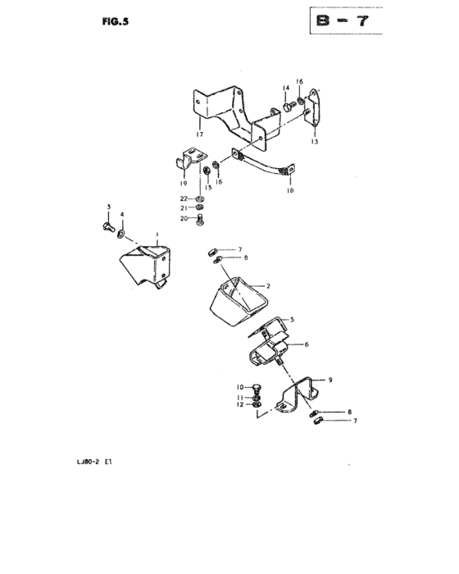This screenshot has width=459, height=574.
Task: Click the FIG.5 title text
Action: coord(116,21)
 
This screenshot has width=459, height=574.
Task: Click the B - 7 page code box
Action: coord(346,20)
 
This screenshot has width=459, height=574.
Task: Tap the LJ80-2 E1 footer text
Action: coord(94,462)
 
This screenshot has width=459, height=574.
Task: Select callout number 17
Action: coord(199,134)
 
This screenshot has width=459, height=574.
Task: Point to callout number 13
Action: coord(315,142)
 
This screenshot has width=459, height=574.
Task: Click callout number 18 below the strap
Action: coord(291,190)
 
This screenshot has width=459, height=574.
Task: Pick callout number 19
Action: coord(184,184)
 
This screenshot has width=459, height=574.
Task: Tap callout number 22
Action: coord(184,198)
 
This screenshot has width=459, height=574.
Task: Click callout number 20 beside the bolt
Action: coord(184,219)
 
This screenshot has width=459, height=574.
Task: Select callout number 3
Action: coord(109,207)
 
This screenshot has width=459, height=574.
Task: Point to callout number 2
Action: coord(268,286)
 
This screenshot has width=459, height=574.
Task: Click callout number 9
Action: coord(330,380)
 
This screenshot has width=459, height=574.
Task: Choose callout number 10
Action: coord(240,387)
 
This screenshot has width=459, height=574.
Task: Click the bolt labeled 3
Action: coord(109,227)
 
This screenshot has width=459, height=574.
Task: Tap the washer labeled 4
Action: coord(121,234)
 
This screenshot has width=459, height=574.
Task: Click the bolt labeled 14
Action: coord(289,107)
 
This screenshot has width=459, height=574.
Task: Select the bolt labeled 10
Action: coord(257,389)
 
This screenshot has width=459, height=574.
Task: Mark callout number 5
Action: coord(292,320)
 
